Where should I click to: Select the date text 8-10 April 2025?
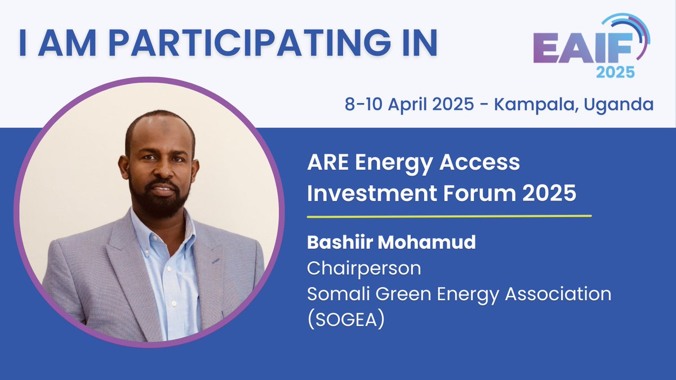coord(409,105)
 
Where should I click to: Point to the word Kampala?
coord(534,105)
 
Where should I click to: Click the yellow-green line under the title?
coord(449,216)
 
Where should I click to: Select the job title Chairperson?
coord(363,268)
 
